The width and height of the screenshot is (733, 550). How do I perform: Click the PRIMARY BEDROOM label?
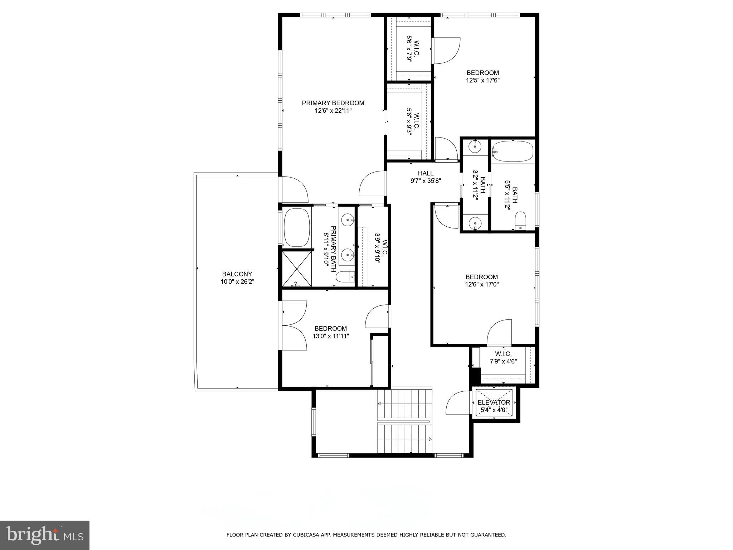[333, 103]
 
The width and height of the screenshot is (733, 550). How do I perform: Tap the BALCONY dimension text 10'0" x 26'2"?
[237, 282]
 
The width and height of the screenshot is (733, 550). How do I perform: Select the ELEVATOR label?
[494, 402]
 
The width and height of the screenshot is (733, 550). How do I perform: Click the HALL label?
[426, 173]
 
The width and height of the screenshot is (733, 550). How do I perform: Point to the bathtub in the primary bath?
[297, 228]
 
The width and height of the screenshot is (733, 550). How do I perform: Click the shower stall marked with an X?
[297, 269]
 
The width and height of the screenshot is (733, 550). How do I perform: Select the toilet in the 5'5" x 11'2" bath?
[520, 220]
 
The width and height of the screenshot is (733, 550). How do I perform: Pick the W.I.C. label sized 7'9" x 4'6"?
[503, 354]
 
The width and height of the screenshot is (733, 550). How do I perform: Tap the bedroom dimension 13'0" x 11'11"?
[331, 336]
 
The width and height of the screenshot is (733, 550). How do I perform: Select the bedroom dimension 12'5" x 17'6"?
[482, 81]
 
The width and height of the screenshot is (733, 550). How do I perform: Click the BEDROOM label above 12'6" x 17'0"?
[481, 277]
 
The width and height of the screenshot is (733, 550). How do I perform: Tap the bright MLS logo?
[45, 535]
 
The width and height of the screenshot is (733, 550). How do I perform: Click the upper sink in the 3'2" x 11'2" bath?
[475, 146]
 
